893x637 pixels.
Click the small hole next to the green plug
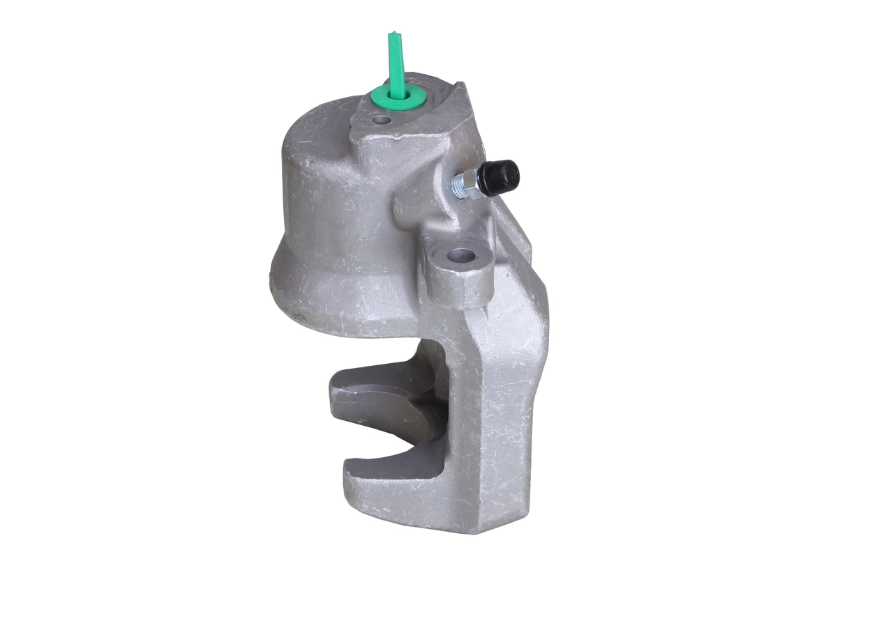381,121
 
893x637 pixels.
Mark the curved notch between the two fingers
419,446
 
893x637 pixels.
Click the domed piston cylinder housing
328,202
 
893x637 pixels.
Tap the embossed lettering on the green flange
412,98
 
